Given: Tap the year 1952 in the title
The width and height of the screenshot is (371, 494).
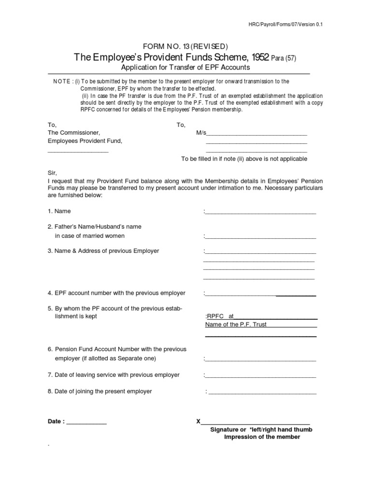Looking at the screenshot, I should pos(257,58).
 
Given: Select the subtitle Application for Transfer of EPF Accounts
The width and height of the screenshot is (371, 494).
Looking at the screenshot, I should pos(185,68).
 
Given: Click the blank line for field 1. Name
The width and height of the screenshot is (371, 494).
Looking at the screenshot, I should pos(260,212).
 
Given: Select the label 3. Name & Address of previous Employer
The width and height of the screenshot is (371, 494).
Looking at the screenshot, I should pos(103,251).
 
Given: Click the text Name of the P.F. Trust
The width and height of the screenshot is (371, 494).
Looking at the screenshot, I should pos(236,325).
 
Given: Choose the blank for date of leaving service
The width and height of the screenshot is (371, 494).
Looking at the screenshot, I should pos(260,376).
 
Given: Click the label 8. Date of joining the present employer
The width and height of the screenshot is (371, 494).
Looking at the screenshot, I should pos(100,391).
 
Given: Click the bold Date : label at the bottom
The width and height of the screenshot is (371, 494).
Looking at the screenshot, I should pos(56,421).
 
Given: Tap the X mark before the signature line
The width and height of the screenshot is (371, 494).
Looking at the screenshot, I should pos(199,421).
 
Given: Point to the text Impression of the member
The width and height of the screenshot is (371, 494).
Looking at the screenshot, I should pos(262,437).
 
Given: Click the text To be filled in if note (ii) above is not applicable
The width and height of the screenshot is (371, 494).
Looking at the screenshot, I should pos(244,159).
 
